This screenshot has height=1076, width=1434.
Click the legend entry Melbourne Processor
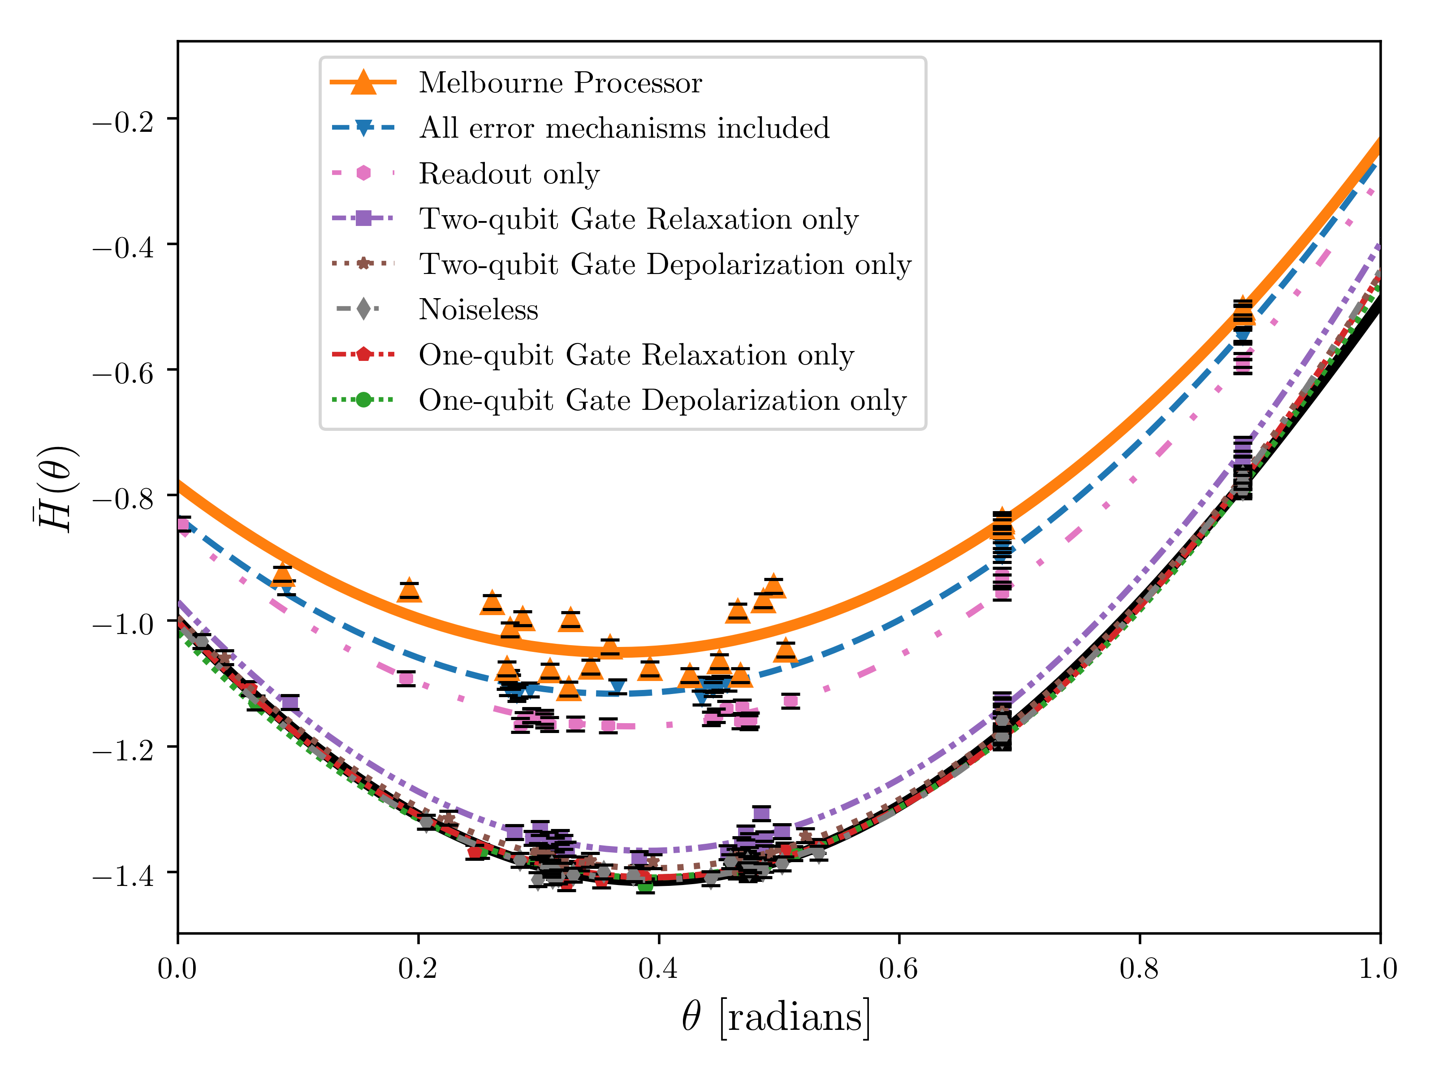[560, 83]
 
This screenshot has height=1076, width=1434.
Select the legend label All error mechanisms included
[624, 128]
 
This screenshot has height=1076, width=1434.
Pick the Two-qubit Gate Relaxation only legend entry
[639, 219]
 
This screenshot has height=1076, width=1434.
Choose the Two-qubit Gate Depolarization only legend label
[665, 264]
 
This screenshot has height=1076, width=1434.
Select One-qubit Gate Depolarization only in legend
[662, 400]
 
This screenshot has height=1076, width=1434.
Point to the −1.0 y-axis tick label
[123, 625]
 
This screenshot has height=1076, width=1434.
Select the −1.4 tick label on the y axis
[123, 876]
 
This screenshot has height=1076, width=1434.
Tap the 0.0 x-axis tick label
[177, 969]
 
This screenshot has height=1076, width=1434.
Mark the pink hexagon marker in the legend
[364, 173]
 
